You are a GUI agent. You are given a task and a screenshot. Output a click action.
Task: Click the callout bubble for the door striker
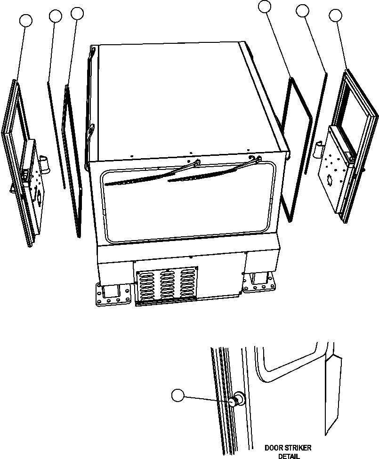click(x=177, y=396)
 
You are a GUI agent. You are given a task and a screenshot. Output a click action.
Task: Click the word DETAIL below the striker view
click(x=289, y=456)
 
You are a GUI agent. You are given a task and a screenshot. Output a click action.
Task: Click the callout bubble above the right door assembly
click(x=336, y=16)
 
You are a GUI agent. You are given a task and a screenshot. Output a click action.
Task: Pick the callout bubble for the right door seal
click(x=266, y=6)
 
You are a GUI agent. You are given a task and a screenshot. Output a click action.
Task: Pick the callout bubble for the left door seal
click(x=77, y=13)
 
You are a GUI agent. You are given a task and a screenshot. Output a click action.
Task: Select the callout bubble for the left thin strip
click(x=56, y=16)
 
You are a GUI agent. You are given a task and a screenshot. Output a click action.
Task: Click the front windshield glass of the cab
click(x=188, y=207)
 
